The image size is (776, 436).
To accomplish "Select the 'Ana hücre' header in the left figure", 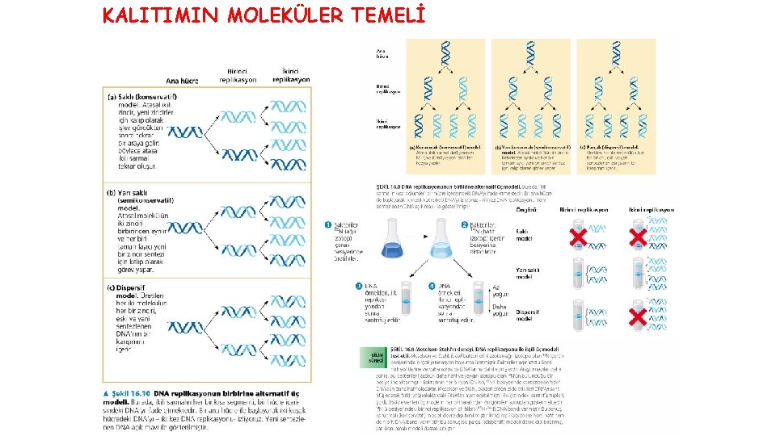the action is pyautogui.click(x=183, y=81).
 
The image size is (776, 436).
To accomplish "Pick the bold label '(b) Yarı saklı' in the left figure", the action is pyautogui.click(x=134, y=194).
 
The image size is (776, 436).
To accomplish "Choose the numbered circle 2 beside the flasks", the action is pyautogui.click(x=465, y=225).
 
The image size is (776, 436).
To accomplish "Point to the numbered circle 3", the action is pyautogui.click(x=361, y=285).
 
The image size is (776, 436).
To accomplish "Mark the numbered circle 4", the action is pyautogui.click(x=433, y=285).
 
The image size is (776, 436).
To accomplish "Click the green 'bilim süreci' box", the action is pyautogui.click(x=377, y=355).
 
